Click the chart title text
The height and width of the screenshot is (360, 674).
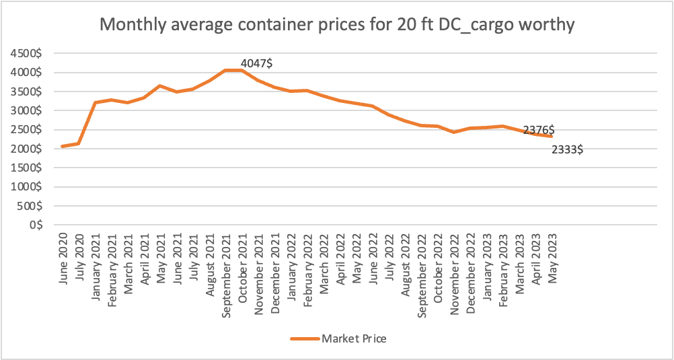(337, 25)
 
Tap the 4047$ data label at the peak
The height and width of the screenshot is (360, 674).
(256, 63)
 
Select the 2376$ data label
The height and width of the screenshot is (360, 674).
(539, 130)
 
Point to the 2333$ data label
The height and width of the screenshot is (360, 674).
(566, 150)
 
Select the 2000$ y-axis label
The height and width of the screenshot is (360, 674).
(28, 149)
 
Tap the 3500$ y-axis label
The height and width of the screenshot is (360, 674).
(28, 92)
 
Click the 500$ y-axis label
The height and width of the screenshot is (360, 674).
(30, 206)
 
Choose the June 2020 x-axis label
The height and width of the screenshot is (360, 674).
(63, 259)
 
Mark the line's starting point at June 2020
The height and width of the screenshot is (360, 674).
(63, 146)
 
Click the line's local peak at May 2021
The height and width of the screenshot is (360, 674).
(160, 85)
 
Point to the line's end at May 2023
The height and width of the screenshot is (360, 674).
(552, 136)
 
